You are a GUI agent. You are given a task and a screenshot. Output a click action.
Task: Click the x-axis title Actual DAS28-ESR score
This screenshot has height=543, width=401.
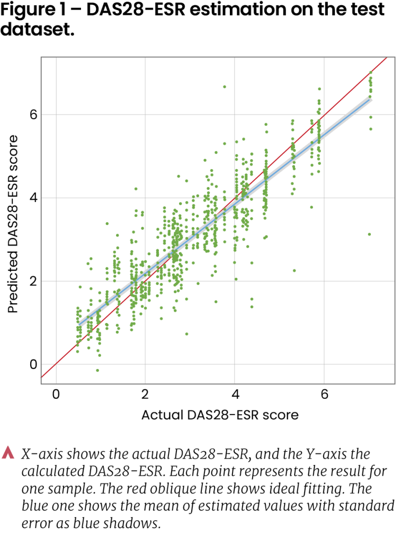(x=220, y=415)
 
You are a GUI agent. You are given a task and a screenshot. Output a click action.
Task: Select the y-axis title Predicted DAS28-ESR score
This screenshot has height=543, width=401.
(x=13, y=223)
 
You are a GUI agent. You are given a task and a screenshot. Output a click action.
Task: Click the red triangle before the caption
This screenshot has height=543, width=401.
(x=8, y=453)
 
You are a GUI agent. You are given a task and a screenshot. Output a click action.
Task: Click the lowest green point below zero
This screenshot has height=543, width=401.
(x=97, y=370)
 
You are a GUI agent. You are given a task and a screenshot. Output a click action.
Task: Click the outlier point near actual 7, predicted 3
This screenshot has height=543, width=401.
(x=370, y=234)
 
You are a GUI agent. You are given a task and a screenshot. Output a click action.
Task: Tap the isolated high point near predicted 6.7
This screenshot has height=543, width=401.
(x=225, y=86)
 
